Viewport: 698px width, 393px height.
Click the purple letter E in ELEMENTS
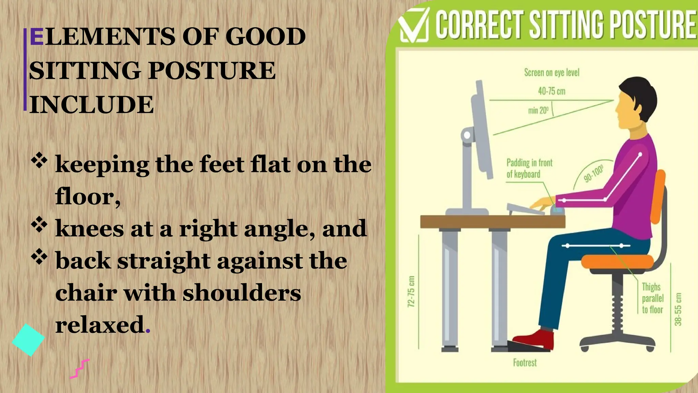coord(36,37)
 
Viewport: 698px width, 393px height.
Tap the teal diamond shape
coord(28,340)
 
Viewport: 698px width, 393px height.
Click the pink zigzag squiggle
coord(80,369)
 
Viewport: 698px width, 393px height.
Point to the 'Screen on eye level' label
coord(551,73)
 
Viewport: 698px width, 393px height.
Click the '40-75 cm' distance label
coord(551,91)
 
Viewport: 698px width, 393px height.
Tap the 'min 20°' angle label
coord(538,111)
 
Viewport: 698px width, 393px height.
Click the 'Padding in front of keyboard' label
coord(529,168)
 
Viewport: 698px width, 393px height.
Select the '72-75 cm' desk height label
coord(411,291)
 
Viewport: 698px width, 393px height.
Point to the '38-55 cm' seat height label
coord(678,309)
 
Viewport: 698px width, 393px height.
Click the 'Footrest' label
coord(525,363)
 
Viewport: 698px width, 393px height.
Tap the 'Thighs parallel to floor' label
coord(652,298)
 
